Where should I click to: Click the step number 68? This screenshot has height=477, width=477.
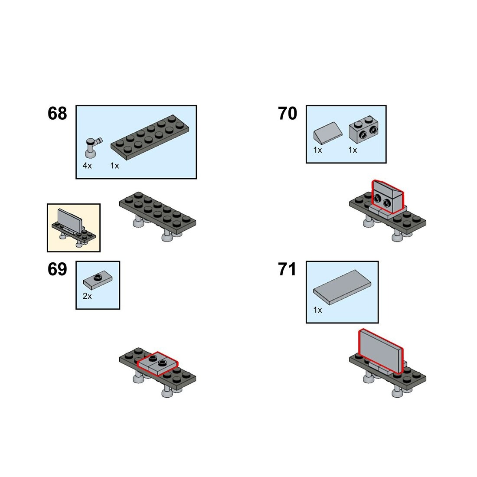tap(57, 114)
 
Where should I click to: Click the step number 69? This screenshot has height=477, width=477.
tap(57, 269)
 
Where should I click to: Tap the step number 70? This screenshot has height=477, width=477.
tap(288, 114)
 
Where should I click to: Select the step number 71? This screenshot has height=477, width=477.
tap(287, 269)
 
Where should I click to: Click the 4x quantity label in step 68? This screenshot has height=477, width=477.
tap(87, 166)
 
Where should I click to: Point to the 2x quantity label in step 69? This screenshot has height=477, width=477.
tap(87, 296)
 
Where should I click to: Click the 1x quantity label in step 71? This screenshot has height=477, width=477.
tap(317, 310)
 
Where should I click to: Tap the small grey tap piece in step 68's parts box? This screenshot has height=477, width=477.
tap(93, 147)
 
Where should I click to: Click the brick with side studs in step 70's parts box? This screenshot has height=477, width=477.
tap(363, 129)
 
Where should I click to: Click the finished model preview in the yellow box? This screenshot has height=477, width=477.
tap(73, 227)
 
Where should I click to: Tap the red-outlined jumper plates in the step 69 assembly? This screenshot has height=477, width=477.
tap(157, 363)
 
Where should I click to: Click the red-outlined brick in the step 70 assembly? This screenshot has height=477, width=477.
tap(387, 197)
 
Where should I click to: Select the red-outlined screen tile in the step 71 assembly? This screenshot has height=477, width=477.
tap(380, 352)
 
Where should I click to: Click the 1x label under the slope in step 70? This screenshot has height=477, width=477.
tap(317, 150)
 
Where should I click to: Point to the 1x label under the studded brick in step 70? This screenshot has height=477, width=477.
tap(353, 150)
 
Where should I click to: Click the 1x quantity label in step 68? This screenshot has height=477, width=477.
tap(114, 166)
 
